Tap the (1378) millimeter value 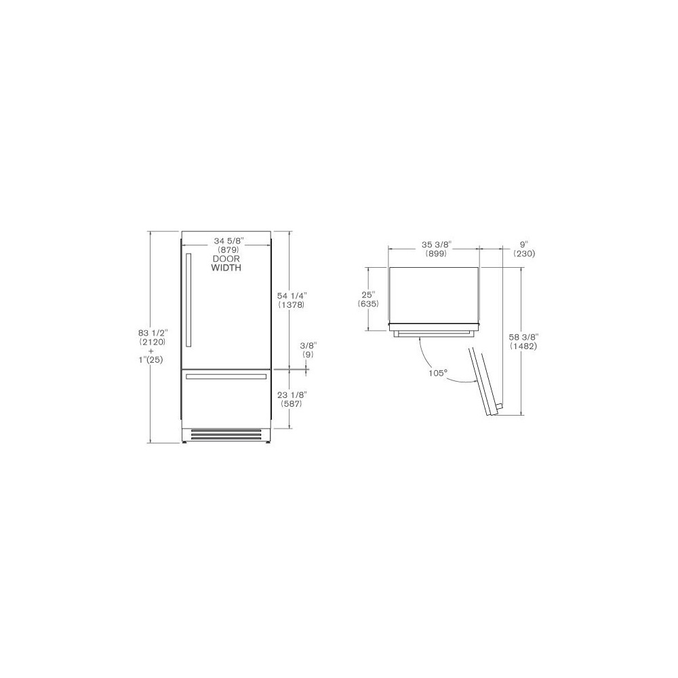coord(292,305)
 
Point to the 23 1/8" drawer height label coord(291,395)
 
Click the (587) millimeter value coord(291,404)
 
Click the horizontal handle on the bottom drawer coord(226,376)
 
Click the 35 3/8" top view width coord(434,244)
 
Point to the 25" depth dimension coord(368,295)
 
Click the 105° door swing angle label coord(437,373)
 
